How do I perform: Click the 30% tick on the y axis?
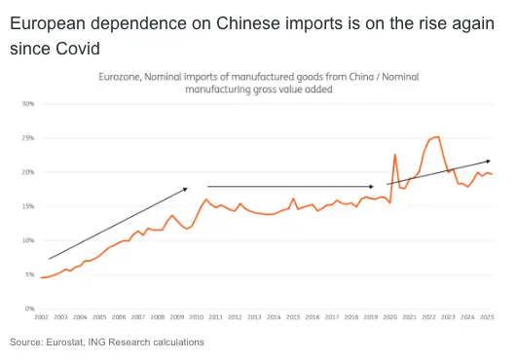pyautogui.click(x=28, y=104)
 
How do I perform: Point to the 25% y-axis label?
pyautogui.click(x=28, y=138)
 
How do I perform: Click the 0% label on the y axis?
pyautogui.click(x=30, y=308)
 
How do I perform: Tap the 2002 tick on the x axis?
pyautogui.click(x=42, y=317)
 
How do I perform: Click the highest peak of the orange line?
pyautogui.click(x=437, y=136)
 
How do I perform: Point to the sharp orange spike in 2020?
pyautogui.click(x=394, y=155)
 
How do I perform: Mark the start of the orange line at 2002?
pyautogui.click(x=42, y=278)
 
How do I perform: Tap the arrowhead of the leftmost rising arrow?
pyautogui.click(x=185, y=188)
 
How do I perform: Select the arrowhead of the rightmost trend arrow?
pyautogui.click(x=490, y=161)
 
